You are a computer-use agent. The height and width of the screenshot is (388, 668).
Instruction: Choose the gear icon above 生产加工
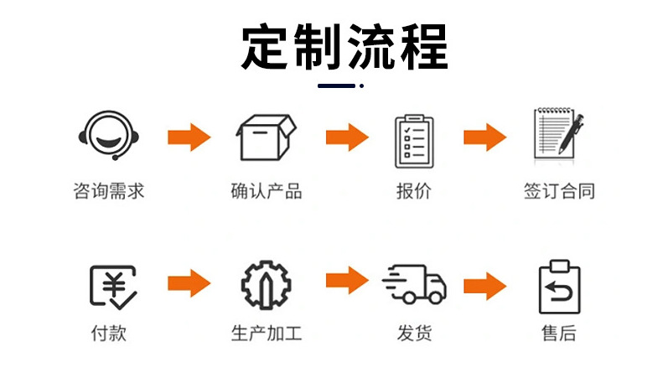click(266, 286)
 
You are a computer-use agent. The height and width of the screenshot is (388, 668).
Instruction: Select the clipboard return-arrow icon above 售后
click(559, 287)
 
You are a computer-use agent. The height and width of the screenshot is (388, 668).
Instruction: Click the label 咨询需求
click(109, 191)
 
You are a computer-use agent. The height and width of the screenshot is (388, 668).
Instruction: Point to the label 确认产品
click(266, 191)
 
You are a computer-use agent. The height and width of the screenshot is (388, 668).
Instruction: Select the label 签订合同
click(559, 191)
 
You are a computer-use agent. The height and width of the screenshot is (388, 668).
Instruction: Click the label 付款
click(109, 333)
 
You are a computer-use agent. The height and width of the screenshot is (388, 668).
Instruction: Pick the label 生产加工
click(266, 333)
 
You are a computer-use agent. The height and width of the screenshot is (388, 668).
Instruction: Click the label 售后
click(559, 333)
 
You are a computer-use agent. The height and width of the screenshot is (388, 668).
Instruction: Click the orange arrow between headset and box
click(189, 137)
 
